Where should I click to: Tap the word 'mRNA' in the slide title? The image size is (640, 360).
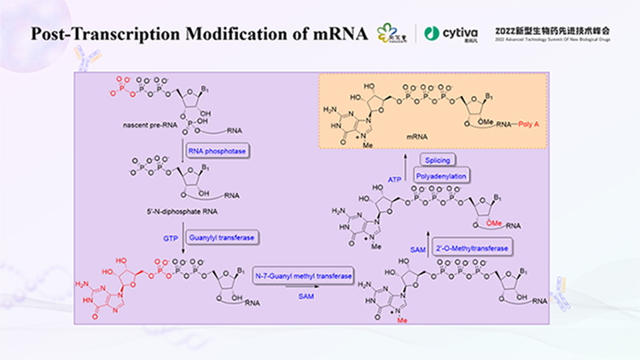(x=343, y=34)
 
